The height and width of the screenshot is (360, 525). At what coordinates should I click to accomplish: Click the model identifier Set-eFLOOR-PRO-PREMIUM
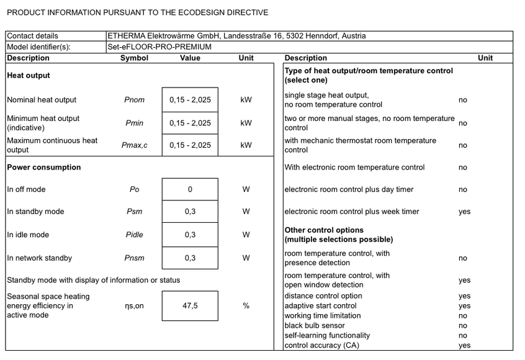click(159, 47)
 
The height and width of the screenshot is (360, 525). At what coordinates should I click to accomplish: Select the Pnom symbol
click(134, 100)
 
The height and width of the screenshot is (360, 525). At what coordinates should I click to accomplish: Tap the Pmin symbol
click(134, 124)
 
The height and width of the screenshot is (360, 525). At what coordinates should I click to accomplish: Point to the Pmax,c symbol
click(134, 145)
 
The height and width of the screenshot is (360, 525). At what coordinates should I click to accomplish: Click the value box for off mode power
click(190, 189)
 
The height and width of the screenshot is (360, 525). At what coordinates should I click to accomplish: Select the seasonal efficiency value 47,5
click(190, 306)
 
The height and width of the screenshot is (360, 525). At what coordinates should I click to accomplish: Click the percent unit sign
click(246, 306)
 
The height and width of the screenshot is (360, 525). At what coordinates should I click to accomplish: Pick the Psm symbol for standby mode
click(134, 212)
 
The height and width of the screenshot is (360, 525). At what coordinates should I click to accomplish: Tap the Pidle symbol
click(134, 235)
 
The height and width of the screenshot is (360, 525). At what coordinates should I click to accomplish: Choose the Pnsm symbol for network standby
click(134, 258)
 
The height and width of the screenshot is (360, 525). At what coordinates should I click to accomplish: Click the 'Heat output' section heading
click(28, 76)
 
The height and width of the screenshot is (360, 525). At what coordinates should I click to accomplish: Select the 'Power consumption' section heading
click(43, 168)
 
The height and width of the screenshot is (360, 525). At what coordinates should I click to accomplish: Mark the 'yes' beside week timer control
click(464, 212)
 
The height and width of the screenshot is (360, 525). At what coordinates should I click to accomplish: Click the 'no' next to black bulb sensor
click(463, 326)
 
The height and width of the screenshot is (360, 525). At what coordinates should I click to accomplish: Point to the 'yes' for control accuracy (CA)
click(464, 346)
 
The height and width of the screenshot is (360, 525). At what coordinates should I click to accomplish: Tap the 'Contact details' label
click(32, 36)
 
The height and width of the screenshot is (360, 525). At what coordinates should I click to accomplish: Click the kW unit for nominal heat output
click(246, 100)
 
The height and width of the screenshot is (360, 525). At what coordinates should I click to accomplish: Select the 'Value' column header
click(190, 58)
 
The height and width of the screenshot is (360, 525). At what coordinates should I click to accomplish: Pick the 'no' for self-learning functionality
click(463, 336)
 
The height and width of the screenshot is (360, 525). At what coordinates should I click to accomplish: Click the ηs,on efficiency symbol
click(134, 306)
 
